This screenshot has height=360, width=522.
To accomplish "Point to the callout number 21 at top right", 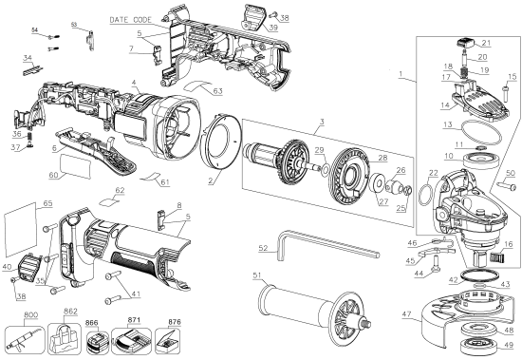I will pyautogui.click(x=486, y=43).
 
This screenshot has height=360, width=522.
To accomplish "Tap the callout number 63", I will pyautogui.click(x=218, y=90).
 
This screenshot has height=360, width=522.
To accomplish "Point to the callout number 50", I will pyautogui.click(x=509, y=173).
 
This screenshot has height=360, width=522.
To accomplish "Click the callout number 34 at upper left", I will pyautogui.click(x=28, y=57).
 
